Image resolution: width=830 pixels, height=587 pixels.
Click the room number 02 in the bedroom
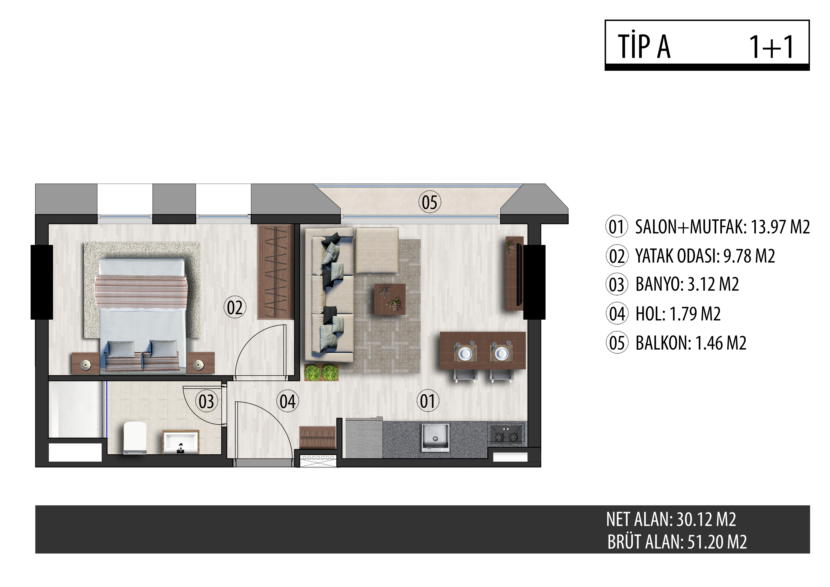[x=235, y=308]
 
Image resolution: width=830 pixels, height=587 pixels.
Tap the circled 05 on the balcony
[x=429, y=202]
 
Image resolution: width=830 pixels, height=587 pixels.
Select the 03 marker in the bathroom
[x=206, y=401]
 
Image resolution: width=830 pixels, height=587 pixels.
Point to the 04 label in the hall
[x=288, y=401]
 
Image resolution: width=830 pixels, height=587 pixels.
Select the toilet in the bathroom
[x=135, y=437]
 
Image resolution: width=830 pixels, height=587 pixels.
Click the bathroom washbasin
[x=181, y=442]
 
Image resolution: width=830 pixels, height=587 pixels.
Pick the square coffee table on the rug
[x=390, y=299]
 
